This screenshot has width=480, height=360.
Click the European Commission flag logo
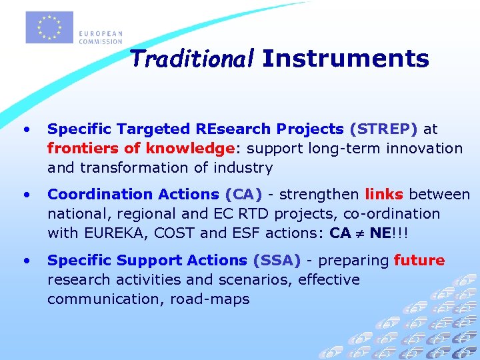[49, 27]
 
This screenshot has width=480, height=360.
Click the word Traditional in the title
[192, 59]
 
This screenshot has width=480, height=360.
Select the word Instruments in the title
[345, 59]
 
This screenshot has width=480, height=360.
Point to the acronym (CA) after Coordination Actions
[243, 195]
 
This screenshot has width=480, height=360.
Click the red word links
[384, 195]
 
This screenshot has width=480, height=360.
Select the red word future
[419, 261]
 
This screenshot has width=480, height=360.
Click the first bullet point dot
[26, 129]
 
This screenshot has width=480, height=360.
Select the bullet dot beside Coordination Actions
[26, 195]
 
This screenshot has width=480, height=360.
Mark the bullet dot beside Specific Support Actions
[26, 261]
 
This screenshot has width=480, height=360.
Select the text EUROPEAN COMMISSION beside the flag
[100, 37]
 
